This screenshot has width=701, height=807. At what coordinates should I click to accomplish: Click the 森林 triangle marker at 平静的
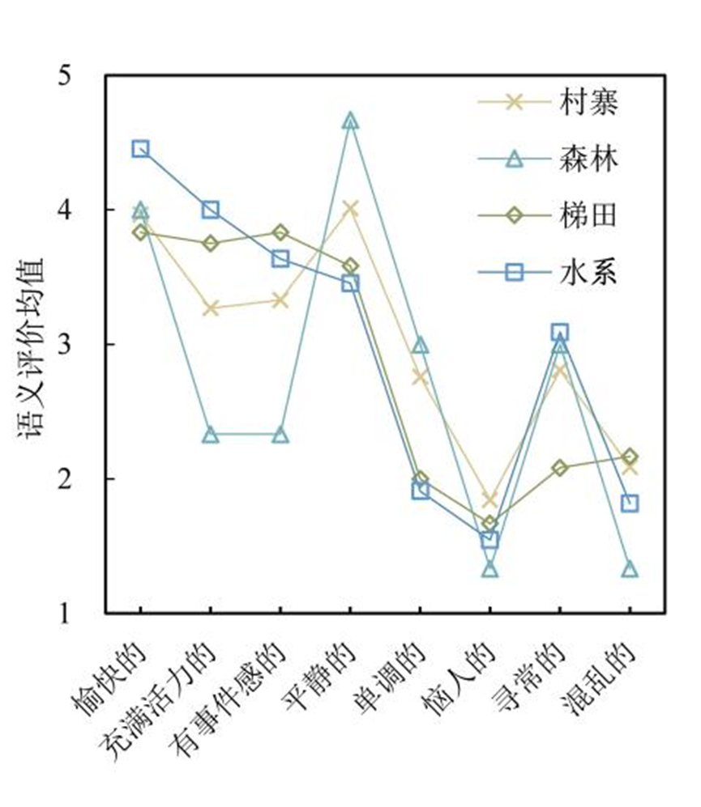point(350,121)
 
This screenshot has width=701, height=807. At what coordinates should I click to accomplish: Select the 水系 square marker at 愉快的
point(140,149)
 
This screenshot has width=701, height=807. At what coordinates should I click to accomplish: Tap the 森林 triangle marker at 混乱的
point(630,570)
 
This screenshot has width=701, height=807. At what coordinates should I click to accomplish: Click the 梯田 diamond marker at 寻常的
point(560,468)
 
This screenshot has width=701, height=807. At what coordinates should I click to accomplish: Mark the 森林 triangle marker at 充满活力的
point(211,435)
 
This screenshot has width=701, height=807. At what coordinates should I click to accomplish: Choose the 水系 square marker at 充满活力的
point(211,210)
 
